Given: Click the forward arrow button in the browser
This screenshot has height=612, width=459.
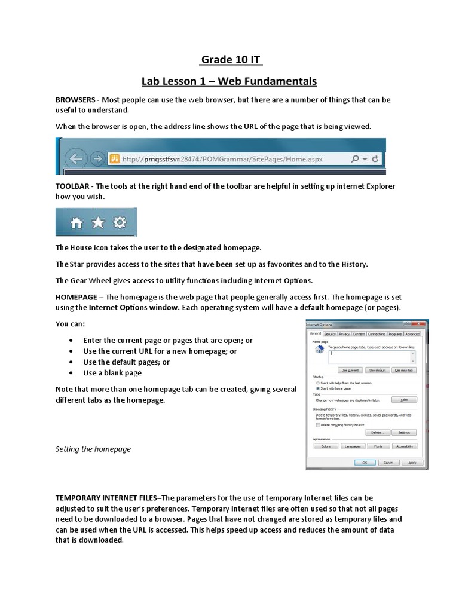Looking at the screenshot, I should (97, 159).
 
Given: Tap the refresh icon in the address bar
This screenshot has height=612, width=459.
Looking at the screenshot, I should (375, 159).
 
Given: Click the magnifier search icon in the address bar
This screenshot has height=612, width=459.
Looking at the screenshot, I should (356, 159).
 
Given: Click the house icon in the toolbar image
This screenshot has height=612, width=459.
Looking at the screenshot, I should (76, 223).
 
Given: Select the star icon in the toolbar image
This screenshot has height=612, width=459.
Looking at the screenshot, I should (98, 223).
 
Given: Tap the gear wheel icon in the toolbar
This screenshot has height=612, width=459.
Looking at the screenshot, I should (120, 223).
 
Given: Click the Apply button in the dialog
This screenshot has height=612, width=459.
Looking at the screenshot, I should (412, 462).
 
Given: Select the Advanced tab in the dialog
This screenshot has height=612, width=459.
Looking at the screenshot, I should (412, 334).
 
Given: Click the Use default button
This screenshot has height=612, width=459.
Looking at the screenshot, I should (378, 371).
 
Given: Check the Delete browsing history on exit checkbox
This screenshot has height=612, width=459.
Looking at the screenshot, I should (318, 425).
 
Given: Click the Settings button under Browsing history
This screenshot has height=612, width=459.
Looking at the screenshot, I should (404, 432).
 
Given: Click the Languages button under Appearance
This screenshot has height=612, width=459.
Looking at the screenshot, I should (353, 446).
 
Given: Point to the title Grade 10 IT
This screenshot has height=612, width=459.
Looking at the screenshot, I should (231, 60).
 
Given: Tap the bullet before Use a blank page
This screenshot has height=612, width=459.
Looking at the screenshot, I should (72, 373).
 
